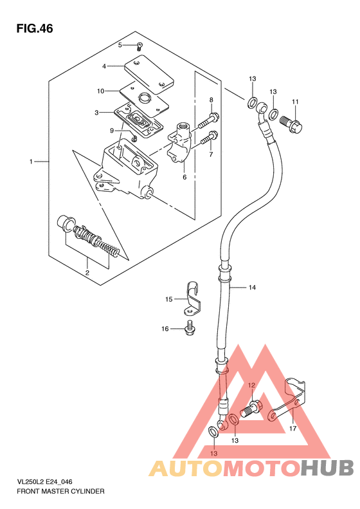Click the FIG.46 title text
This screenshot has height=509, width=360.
[x=34, y=28]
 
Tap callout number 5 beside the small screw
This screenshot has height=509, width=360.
[x=120, y=45]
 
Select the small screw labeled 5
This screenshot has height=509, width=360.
[x=139, y=46]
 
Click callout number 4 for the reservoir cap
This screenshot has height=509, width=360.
[x=104, y=66]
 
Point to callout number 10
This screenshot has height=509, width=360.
[x=100, y=91]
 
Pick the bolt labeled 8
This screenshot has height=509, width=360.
[x=208, y=120]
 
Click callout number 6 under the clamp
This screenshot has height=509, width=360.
[x=184, y=177]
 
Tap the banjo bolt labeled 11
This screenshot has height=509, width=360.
[x=291, y=124]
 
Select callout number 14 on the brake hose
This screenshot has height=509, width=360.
[x=253, y=287]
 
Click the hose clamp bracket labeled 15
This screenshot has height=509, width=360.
[x=192, y=299]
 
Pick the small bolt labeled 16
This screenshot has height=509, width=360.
[x=189, y=328]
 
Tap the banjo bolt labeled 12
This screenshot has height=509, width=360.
[x=251, y=409]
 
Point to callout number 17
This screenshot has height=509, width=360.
[x=292, y=429]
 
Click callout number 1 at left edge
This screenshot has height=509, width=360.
[x=31, y=162]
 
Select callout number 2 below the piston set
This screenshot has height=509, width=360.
[x=87, y=273]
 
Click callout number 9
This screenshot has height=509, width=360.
[x=112, y=131]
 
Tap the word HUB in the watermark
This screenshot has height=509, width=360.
[x=327, y=468]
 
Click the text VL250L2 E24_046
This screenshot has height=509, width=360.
[x=44, y=482]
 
